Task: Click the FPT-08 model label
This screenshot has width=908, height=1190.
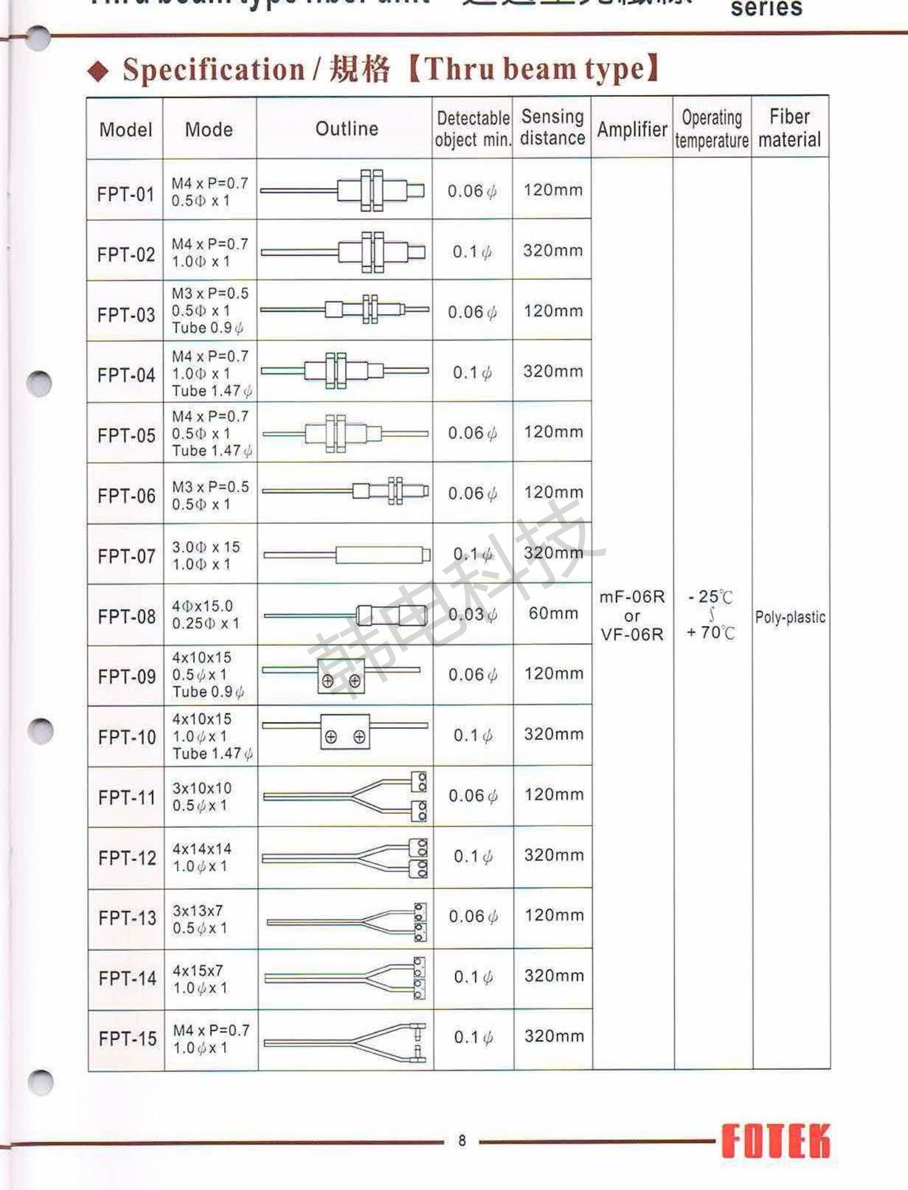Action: (x=127, y=617)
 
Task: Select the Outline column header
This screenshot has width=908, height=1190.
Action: (x=346, y=129)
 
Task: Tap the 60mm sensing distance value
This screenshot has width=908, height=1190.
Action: (x=553, y=613)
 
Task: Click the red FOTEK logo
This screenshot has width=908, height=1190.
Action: (x=775, y=1140)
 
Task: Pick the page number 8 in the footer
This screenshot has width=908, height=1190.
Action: (x=462, y=1140)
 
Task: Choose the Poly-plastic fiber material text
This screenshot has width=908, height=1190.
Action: (x=790, y=617)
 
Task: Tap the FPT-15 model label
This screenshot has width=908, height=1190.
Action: (x=127, y=1038)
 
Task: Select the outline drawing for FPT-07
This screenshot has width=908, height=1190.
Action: (x=346, y=555)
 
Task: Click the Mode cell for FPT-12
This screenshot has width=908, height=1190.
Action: (x=202, y=857)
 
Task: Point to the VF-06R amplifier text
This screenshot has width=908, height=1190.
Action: (x=632, y=634)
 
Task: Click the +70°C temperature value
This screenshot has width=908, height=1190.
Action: (x=711, y=633)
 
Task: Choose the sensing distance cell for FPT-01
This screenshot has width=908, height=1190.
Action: (x=553, y=190)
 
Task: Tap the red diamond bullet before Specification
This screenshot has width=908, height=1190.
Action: (x=98, y=71)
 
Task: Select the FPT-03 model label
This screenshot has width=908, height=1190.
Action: (x=126, y=315)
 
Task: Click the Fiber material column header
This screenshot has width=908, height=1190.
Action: (x=789, y=128)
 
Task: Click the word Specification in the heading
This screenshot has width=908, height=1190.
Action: (x=213, y=70)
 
